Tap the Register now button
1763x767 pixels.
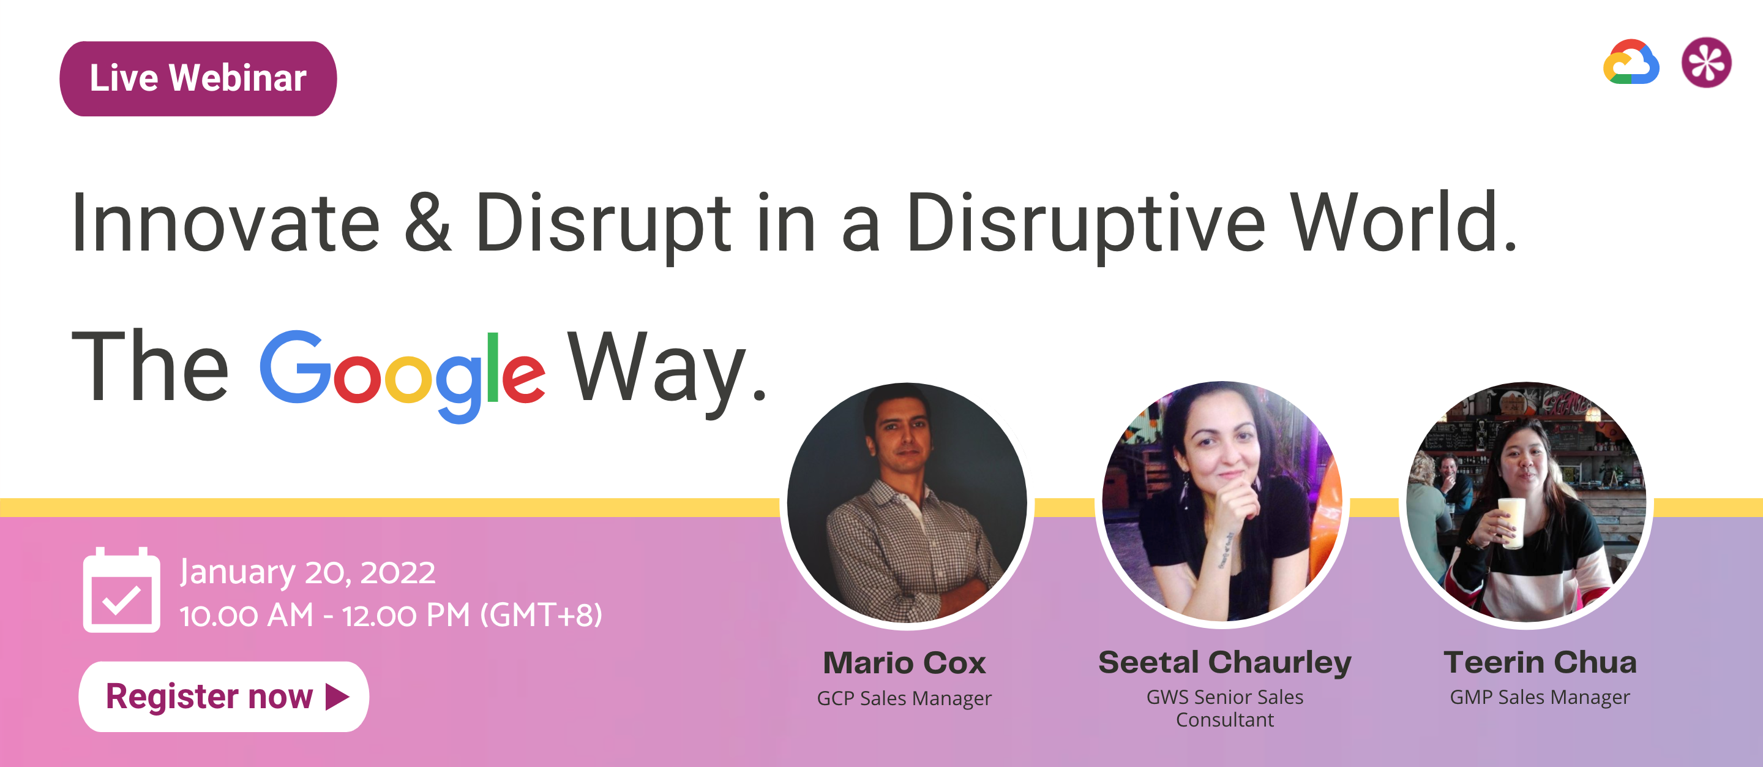click(224, 697)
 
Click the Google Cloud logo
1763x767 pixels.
click(1631, 62)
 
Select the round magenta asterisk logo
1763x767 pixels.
click(1707, 62)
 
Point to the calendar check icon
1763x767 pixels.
click(122, 589)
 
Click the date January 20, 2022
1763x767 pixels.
click(307, 572)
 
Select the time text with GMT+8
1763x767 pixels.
click(391, 615)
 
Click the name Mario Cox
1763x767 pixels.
click(904, 663)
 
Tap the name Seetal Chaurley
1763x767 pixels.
click(1225, 663)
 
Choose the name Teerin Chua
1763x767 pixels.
click(1540, 662)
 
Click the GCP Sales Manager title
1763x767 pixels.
click(904, 698)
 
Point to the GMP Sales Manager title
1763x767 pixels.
click(1540, 697)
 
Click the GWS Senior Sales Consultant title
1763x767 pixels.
click(1225, 708)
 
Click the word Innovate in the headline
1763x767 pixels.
click(225, 223)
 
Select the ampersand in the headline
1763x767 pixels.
click(428, 222)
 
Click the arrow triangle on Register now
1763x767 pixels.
click(337, 697)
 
